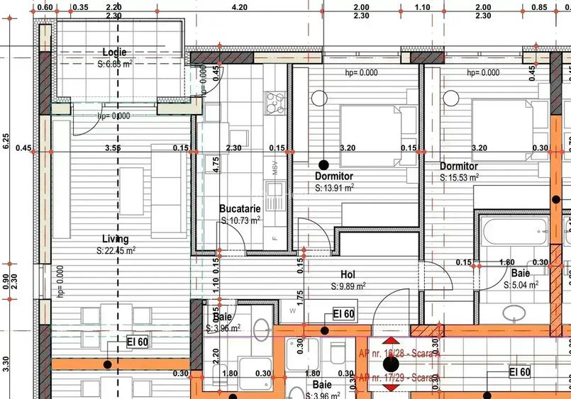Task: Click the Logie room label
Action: [x=114, y=52]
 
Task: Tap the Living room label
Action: [x=116, y=239]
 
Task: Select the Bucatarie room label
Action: [x=240, y=209]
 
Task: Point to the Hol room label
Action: [x=348, y=274]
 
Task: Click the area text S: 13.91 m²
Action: [x=335, y=189]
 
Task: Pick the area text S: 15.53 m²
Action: [x=459, y=178]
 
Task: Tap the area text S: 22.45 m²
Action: [x=116, y=250]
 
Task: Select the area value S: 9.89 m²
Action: [x=348, y=286]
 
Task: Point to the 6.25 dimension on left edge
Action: [x=6, y=141]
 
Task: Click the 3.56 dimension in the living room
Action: [x=112, y=149]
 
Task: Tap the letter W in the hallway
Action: [x=291, y=310]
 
